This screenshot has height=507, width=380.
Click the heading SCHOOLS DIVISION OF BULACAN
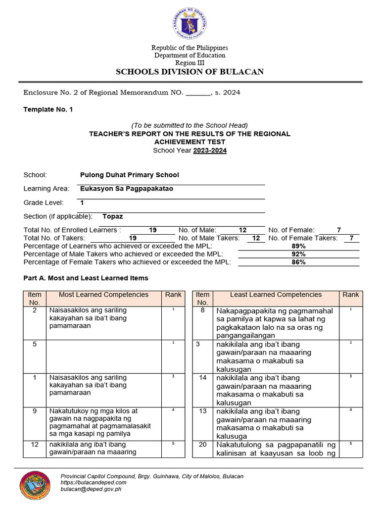[190, 72]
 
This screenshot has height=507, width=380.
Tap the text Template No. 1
[48, 109]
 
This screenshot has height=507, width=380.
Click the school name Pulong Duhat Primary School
[129, 175]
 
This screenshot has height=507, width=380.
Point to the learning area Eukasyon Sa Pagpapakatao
[127, 189]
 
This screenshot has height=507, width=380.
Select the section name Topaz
[113, 216]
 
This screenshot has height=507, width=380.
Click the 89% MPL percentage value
[298, 246]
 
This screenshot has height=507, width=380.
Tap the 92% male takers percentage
[298, 254]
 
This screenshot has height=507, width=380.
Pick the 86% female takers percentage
[298, 262]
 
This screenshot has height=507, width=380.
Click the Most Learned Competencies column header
[103, 295]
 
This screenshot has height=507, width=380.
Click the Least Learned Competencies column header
[276, 295]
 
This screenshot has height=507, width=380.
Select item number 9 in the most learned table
[35, 411]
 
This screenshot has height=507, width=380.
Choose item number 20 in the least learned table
[202, 445]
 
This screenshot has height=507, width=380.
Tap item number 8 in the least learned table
[202, 310]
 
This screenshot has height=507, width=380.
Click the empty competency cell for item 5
[103, 356]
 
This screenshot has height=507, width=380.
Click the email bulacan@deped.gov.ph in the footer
[91, 489]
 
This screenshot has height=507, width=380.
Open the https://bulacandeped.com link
[93, 482]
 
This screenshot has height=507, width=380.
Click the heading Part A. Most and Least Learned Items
[86, 278]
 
